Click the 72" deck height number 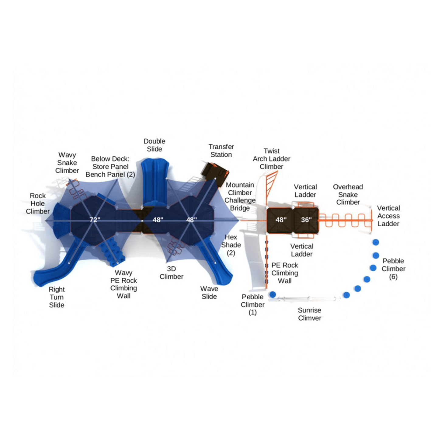(x=95, y=220)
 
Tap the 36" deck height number (x=306, y=220)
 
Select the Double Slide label (x=154, y=145)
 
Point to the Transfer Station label (x=221, y=151)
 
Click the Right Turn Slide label (x=57, y=297)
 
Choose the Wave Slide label (x=209, y=293)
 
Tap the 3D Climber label (x=171, y=273)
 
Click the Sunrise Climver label (x=309, y=314)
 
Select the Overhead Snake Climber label (x=348, y=195)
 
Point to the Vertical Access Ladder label (x=388, y=216)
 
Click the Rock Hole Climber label (x=38, y=203)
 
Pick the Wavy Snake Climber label (x=67, y=163)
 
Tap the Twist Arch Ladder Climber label (x=271, y=159)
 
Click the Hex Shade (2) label (x=231, y=245)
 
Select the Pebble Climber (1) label (x=252, y=304)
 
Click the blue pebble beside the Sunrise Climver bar (x=273, y=294)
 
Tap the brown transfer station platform (x=215, y=174)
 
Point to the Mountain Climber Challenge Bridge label (x=240, y=196)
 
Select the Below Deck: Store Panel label (x=110, y=163)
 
